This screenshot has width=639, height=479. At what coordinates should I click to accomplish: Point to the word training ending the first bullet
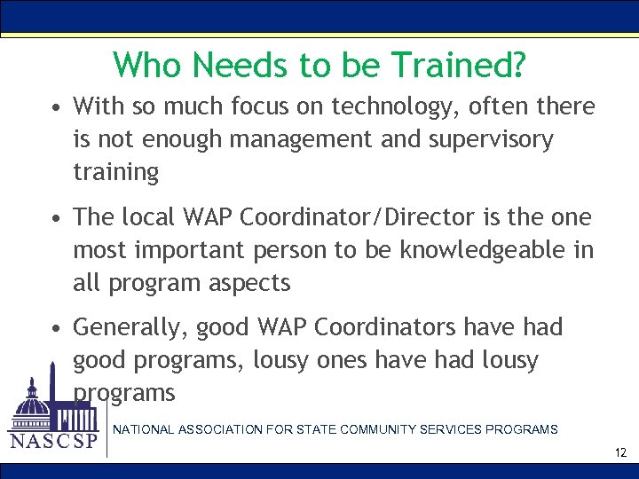[x=115, y=173]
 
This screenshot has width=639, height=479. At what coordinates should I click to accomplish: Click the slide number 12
[x=620, y=453]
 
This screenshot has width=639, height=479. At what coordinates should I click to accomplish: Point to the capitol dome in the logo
[x=34, y=404]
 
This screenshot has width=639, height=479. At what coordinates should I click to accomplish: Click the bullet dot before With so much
[x=56, y=108]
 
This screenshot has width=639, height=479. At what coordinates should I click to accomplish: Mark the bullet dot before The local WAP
[x=56, y=218]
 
